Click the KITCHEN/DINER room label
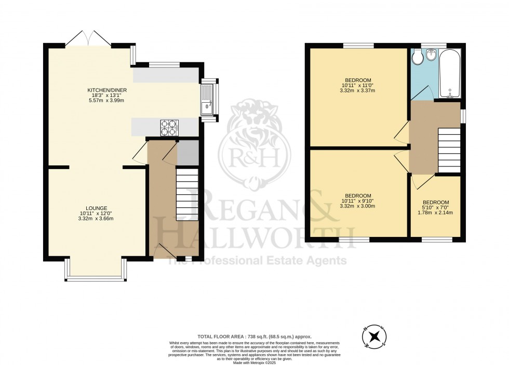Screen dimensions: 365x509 (107, 90)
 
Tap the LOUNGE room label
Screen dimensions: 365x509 (97, 208)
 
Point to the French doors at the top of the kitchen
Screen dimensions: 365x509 (88, 39)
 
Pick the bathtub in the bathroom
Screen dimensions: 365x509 (449, 74)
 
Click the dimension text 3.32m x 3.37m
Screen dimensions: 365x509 (358, 91)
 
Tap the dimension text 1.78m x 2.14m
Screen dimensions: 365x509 (436, 212)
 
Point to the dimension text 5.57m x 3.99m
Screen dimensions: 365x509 (107, 101)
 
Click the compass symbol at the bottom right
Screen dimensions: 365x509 (373, 338)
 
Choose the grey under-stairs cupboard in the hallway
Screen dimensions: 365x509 (184, 153)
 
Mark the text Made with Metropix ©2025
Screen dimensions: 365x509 (254, 362)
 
